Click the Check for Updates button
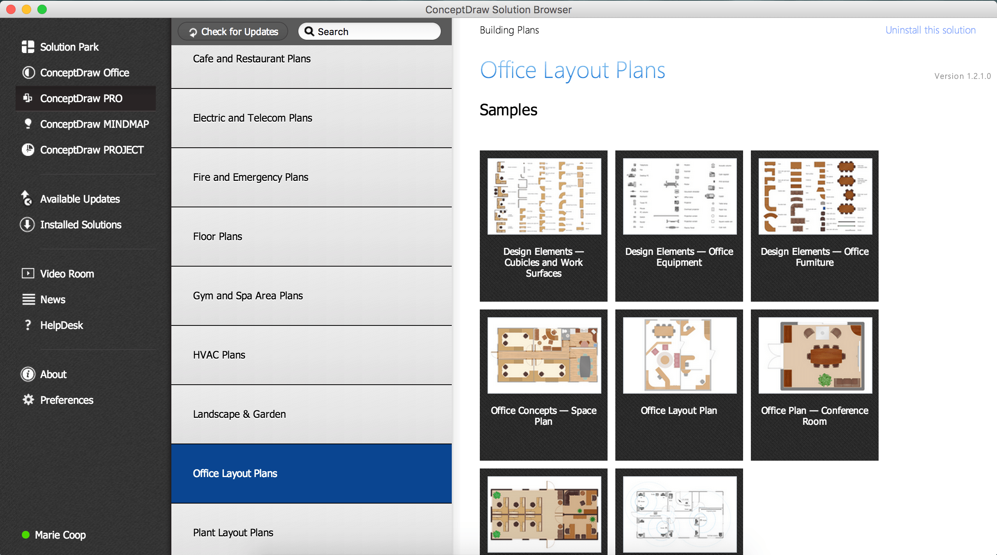coord(233,32)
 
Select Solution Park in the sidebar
coord(69,47)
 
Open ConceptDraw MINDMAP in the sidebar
coord(94,124)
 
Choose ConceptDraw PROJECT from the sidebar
coord(92,150)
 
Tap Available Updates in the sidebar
coord(80,199)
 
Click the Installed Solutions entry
coord(81,225)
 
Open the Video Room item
coord(67,274)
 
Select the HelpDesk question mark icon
coord(28,325)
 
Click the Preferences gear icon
coord(28,400)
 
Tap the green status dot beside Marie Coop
coord(26,535)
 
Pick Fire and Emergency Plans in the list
coord(250,177)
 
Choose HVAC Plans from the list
coord(219,355)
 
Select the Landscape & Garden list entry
coord(239,414)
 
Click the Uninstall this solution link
coord(930,30)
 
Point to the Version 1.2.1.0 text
coord(962,76)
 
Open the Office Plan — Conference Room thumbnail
coord(815,355)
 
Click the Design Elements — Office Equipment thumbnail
coord(679,196)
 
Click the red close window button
coord(11,9)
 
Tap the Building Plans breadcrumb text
coord(509,30)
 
